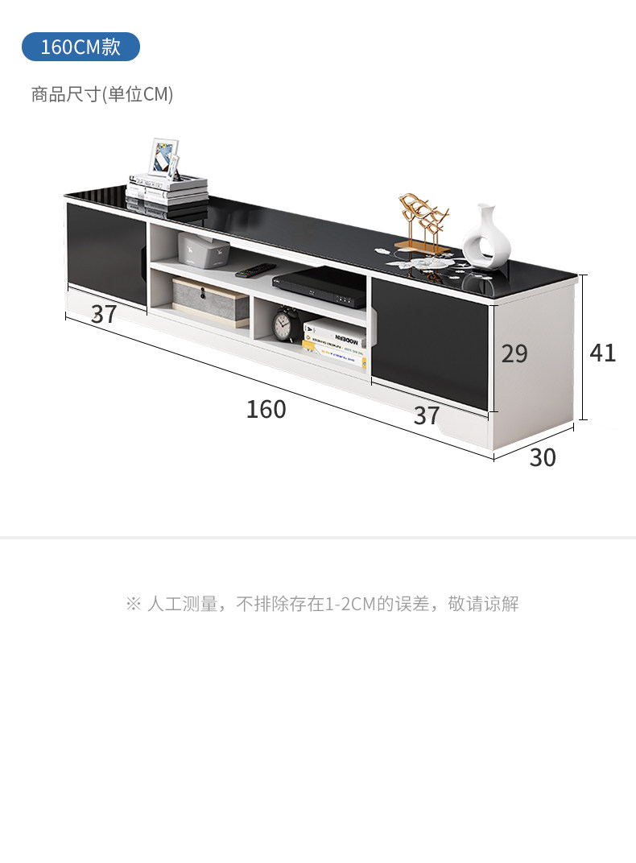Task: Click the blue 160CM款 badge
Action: pyautogui.click(x=81, y=47)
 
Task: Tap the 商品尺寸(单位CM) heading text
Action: pyautogui.click(x=102, y=95)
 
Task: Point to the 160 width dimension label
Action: pyautogui.click(x=266, y=409)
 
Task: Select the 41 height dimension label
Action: pyautogui.click(x=603, y=353)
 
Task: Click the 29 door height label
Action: pyautogui.click(x=514, y=353)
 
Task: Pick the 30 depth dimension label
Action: pyautogui.click(x=543, y=457)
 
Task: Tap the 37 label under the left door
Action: pyautogui.click(x=104, y=314)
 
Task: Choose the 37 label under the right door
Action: pyautogui.click(x=427, y=415)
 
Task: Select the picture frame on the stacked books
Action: pyautogui.click(x=163, y=158)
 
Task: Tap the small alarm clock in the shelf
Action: pyautogui.click(x=283, y=324)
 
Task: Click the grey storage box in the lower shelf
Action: pyautogui.click(x=211, y=303)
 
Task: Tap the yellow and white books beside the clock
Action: pyautogui.click(x=333, y=337)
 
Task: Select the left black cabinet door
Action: pyautogui.click(x=106, y=250)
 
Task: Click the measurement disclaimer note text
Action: pyautogui.click(x=322, y=604)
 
